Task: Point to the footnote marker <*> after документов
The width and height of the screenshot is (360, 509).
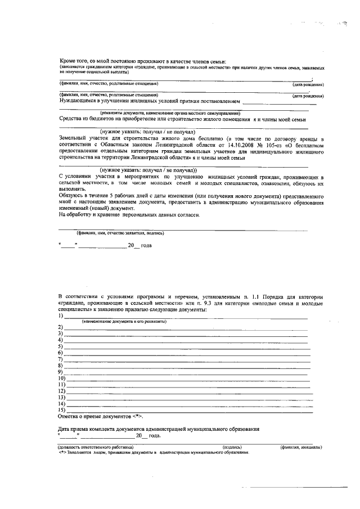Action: point(137,417)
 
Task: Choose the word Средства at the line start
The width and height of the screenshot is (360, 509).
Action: point(71,119)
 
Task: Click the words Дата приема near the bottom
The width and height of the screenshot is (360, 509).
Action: point(73,429)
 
